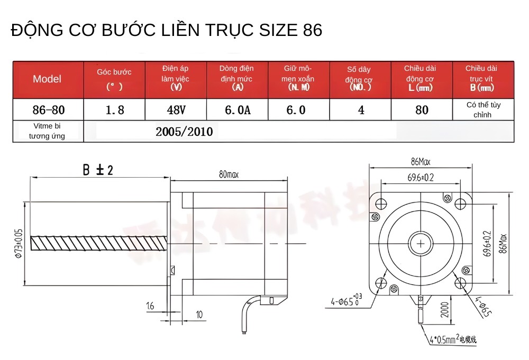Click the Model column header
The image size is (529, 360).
[x=47, y=79]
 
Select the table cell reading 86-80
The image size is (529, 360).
[x=48, y=110]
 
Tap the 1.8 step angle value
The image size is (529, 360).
[x=114, y=110]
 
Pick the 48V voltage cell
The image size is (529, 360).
[x=176, y=110]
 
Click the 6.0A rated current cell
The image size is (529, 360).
[x=237, y=110]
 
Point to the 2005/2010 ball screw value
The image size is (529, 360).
[x=184, y=132]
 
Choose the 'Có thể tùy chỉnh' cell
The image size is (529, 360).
[x=483, y=109]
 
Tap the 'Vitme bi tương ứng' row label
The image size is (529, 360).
[x=47, y=131]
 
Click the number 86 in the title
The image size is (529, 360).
[x=313, y=30]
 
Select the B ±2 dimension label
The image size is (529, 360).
[x=98, y=170]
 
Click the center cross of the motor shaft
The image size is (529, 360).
[x=421, y=243]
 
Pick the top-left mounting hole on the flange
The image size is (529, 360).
[x=380, y=204]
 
